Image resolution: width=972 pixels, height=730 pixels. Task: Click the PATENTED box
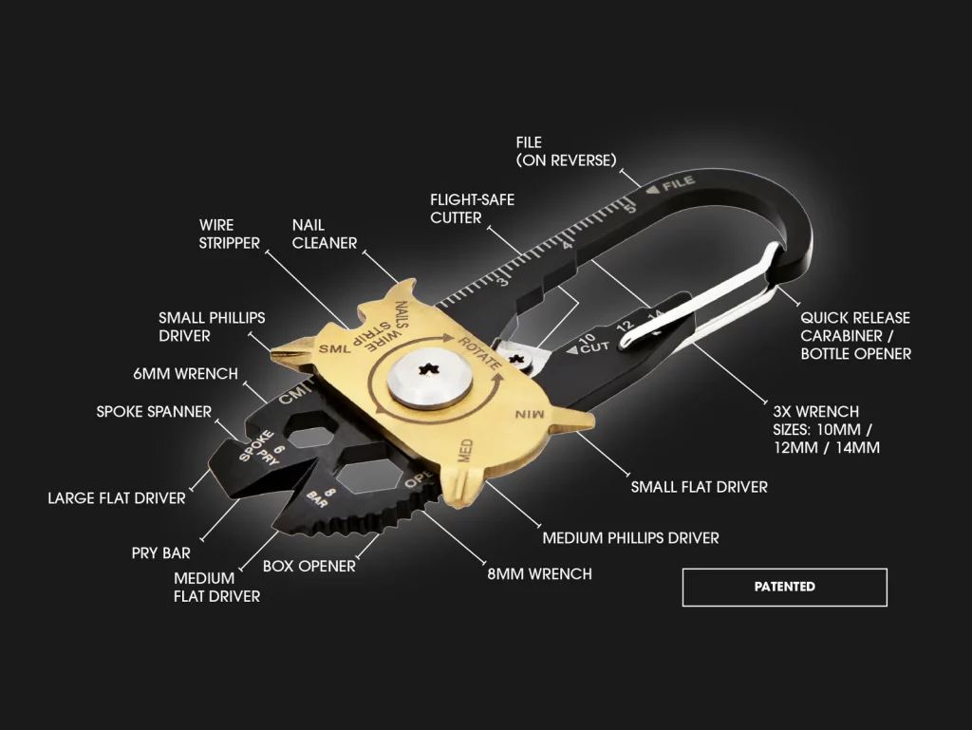[784, 587]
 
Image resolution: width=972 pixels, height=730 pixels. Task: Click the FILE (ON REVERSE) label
[566, 151]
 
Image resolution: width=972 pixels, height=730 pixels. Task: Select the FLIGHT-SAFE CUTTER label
[473, 209]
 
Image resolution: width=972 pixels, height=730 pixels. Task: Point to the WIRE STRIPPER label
[229, 234]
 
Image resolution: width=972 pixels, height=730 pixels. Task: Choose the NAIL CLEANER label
[325, 234]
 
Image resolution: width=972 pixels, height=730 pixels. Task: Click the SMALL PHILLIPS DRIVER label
[212, 327]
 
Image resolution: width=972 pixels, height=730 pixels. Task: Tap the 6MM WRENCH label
[185, 374]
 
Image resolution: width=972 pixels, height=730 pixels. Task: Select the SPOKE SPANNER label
[154, 411]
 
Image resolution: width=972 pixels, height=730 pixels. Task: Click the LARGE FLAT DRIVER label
[117, 498]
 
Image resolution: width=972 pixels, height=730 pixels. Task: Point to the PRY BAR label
[160, 552]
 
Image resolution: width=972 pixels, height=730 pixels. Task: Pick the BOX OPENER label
[308, 566]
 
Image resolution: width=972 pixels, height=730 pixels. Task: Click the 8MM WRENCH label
[539, 573]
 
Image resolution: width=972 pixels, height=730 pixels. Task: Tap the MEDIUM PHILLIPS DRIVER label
[630, 538]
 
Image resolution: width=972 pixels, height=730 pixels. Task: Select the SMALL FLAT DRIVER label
[700, 487]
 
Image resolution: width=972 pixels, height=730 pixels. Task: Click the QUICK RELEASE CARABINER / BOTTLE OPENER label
[855, 336]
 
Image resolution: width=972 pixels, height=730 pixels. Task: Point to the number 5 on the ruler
[630, 208]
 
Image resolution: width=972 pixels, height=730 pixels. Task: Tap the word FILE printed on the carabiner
[678, 183]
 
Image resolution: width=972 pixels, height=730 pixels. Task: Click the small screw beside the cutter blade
[516, 358]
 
